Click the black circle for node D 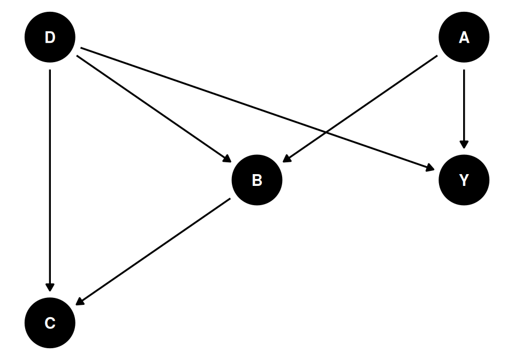[50, 37]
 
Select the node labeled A [464, 37]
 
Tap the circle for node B [257, 180]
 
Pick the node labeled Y [464, 180]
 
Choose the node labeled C [50, 323]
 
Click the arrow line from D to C [50, 177]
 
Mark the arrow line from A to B [375, 99]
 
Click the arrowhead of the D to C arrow [50, 287]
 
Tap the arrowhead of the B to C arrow [80, 302]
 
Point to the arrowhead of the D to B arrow [226, 159]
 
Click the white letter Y [464, 180]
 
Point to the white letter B [257, 180]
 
